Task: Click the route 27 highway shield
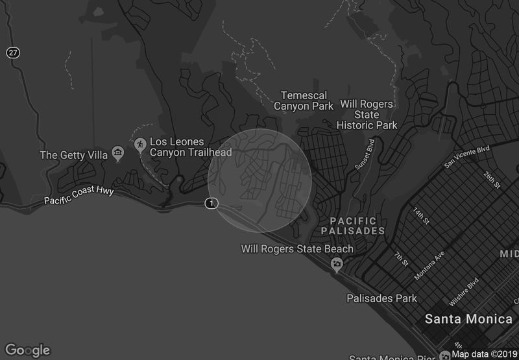13,53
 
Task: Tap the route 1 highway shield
211,204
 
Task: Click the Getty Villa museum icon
117,154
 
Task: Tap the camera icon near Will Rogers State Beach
337,263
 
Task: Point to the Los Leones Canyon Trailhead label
186,147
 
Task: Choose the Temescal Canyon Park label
304,101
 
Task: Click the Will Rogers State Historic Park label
368,114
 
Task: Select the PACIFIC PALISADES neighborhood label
352,226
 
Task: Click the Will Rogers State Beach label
297,249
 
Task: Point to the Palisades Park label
381,298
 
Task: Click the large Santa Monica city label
468,319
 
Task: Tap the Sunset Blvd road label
365,155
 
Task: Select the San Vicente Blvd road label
466,157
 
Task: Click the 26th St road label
492,180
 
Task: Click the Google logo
27,350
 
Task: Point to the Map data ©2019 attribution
484,354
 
